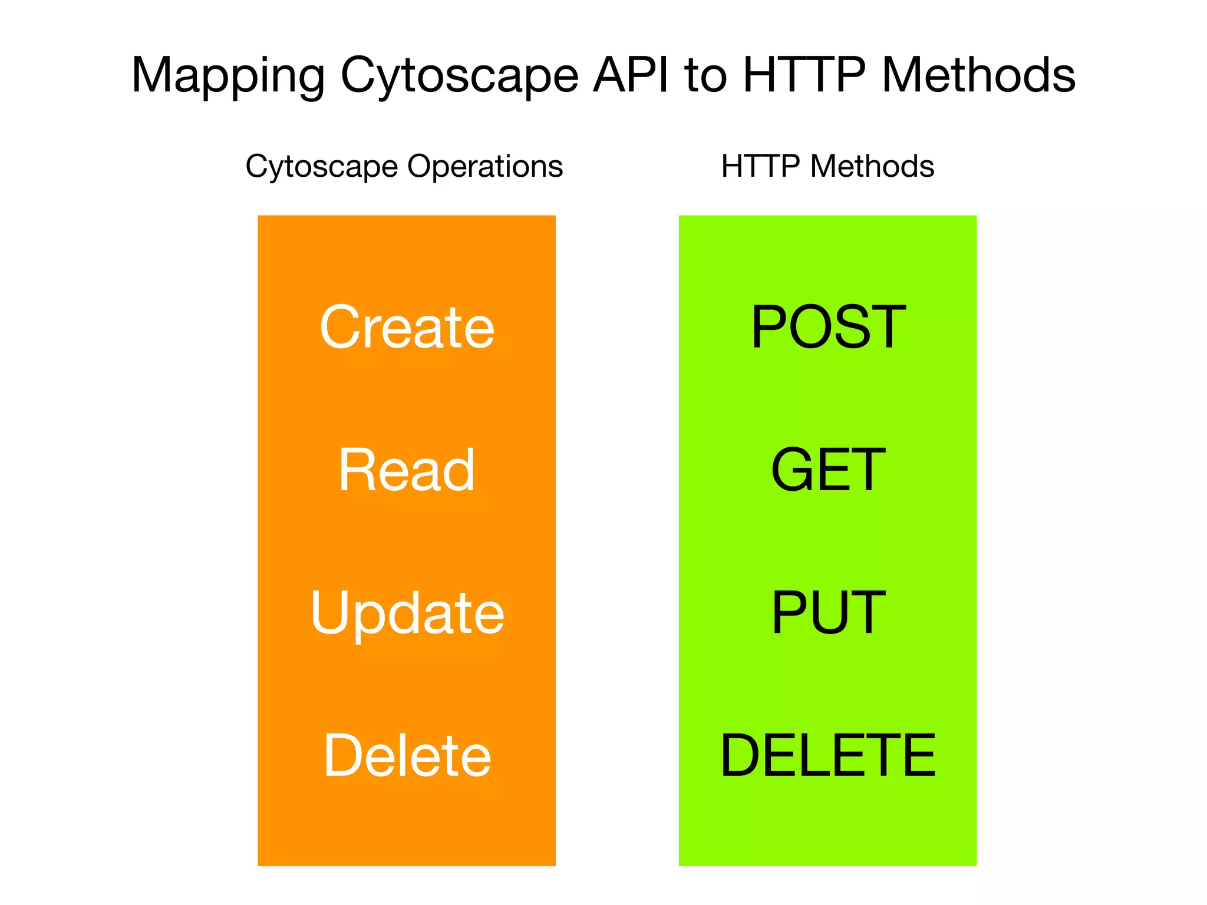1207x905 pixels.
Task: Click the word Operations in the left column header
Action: [485, 167]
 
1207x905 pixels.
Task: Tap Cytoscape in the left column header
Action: [322, 167]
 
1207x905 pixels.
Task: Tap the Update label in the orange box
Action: [407, 613]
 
